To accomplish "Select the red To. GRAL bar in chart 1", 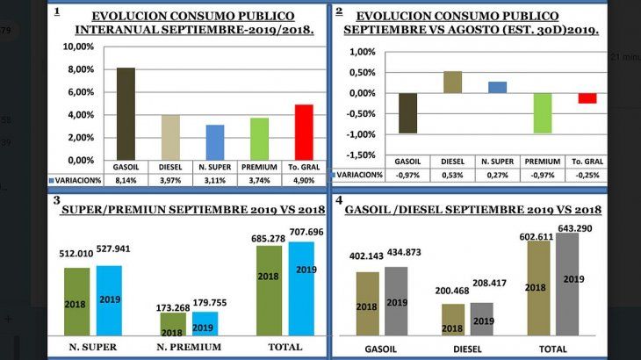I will tap(303, 133).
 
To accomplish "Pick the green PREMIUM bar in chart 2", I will tap(542, 113).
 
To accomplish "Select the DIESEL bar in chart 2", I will tap(452, 83).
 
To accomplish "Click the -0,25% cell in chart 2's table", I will tap(587, 174).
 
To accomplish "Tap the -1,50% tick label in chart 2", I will tap(360, 155).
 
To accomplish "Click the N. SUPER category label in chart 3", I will tap(93, 347).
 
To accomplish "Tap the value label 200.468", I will tap(452, 290).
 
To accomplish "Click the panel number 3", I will tap(56, 200).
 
